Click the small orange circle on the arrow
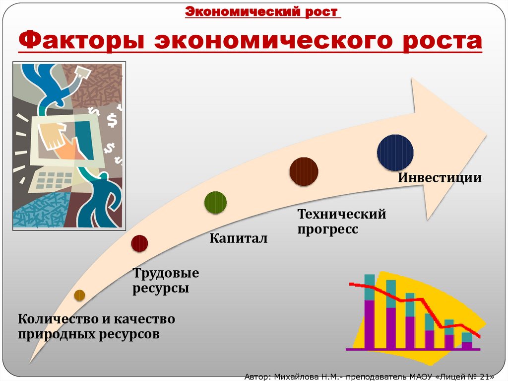[x=79, y=295]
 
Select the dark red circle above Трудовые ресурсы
[x=139, y=243]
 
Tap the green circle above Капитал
[x=216, y=202]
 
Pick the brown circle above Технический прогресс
[x=304, y=171]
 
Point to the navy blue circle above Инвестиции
[x=395, y=152]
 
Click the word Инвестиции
[x=440, y=178]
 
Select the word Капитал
[x=238, y=238]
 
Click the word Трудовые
[x=166, y=273]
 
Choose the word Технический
[x=341, y=215]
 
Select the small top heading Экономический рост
[x=263, y=12]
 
